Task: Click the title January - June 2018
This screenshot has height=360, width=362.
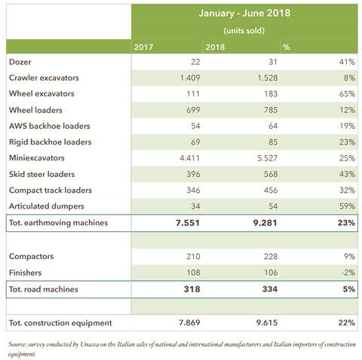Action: pyautogui.click(x=244, y=13)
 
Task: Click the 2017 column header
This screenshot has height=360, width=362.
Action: pyautogui.click(x=143, y=47)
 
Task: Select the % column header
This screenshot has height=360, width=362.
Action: pyautogui.click(x=287, y=47)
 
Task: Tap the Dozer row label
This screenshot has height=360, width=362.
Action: pyautogui.click(x=20, y=62)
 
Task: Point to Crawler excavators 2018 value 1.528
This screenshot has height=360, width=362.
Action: pyautogui.click(x=267, y=78)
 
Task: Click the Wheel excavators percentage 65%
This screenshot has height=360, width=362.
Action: pyautogui.click(x=347, y=94)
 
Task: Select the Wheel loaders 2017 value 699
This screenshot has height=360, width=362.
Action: pyautogui.click(x=193, y=110)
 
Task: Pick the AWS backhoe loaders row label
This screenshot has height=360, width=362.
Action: pyautogui.click(x=50, y=126)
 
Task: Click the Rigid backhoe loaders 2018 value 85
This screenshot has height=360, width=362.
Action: pyautogui.click(x=272, y=142)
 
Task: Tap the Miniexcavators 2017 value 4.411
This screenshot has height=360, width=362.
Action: pyautogui.click(x=190, y=158)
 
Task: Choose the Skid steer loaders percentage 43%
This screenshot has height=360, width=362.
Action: pyautogui.click(x=347, y=174)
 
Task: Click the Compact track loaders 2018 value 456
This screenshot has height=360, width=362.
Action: pyautogui.click(x=271, y=191)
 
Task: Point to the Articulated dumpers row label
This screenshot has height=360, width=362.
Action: pyautogui.click(x=47, y=206)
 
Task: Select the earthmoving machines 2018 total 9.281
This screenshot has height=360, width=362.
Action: pyautogui.click(x=265, y=223)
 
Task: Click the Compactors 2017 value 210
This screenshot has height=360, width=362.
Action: pyautogui.click(x=193, y=257)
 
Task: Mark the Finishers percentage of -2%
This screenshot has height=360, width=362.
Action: pyautogui.click(x=348, y=273)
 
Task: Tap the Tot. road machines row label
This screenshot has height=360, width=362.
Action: pyautogui.click(x=44, y=289)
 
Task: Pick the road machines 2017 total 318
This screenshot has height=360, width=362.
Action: pyautogui.click(x=192, y=289)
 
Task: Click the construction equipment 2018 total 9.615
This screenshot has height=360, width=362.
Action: pyautogui.click(x=267, y=322)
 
